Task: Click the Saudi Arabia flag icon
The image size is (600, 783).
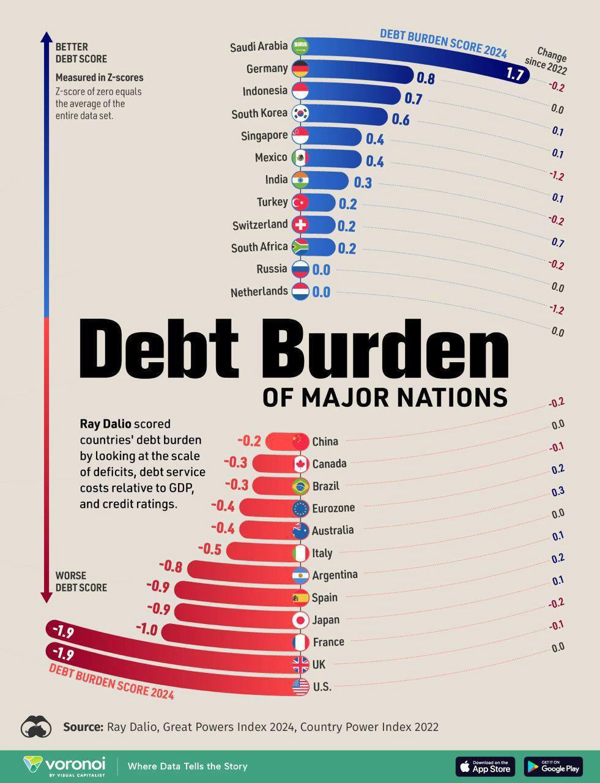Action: point(300,46)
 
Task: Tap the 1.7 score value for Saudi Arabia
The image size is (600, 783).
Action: point(515,75)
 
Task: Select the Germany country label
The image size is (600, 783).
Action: point(267,69)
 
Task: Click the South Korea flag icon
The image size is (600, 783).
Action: point(300,113)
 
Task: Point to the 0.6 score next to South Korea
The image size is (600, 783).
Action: point(401,119)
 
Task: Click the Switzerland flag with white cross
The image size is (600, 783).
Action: point(300,225)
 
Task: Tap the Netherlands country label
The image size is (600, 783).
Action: point(259,292)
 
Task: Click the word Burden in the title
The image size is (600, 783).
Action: point(389,350)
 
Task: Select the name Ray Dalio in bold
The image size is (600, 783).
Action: point(105,424)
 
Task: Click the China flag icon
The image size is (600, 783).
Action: point(300,441)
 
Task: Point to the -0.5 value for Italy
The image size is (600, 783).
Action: point(209,549)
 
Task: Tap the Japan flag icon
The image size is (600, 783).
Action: point(300,620)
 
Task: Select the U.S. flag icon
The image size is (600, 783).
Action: point(300,687)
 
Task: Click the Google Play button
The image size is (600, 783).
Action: point(553,766)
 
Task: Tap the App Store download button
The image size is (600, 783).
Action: point(485,766)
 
